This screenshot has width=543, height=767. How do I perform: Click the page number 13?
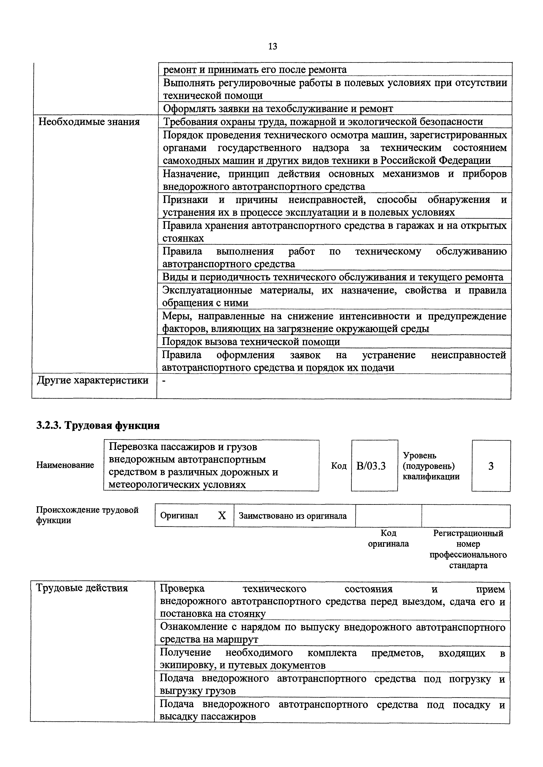click(x=272, y=46)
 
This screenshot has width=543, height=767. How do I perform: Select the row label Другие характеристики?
click(x=93, y=380)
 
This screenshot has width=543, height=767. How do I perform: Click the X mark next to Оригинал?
click(x=222, y=516)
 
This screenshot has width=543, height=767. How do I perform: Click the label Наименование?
click(x=65, y=465)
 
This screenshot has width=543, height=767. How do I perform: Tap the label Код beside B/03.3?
click(x=339, y=466)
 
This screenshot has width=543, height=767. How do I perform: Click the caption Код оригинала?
click(x=388, y=538)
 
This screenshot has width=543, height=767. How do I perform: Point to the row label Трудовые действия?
click(x=82, y=588)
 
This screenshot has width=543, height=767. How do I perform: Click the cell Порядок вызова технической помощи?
click(x=251, y=342)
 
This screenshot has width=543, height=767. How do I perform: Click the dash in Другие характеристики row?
click(x=164, y=381)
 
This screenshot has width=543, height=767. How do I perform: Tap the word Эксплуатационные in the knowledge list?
click(x=207, y=290)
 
